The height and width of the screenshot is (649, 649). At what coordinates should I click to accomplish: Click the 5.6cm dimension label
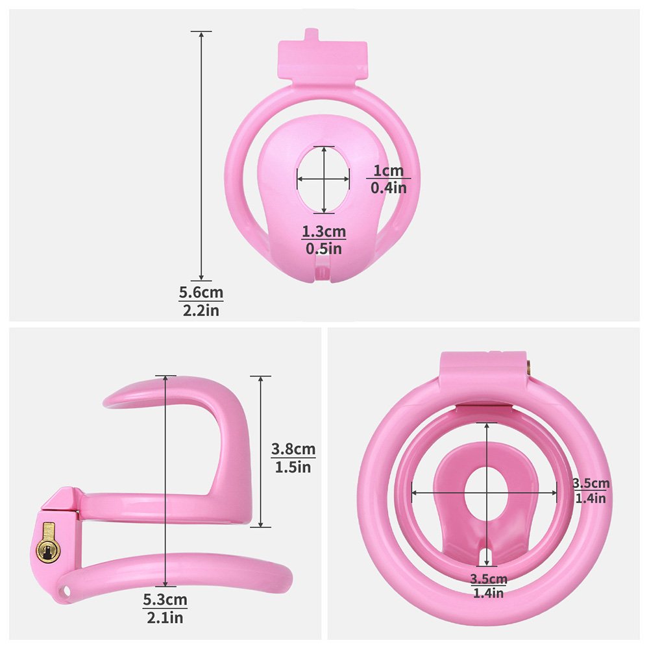(201, 293)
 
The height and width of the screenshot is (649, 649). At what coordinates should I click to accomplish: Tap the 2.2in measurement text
(201, 310)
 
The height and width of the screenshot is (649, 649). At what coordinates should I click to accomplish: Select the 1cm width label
(388, 171)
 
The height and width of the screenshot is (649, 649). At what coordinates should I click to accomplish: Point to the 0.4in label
(388, 188)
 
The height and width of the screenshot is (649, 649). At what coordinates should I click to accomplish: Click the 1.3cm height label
(324, 232)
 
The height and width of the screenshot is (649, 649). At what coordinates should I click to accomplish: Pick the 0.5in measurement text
(324, 249)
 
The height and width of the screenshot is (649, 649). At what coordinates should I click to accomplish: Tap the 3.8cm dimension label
(293, 449)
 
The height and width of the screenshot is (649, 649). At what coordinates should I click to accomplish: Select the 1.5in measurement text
(293, 467)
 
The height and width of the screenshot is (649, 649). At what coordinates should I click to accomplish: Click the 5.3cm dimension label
(165, 600)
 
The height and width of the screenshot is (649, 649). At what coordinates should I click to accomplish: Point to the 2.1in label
(165, 618)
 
